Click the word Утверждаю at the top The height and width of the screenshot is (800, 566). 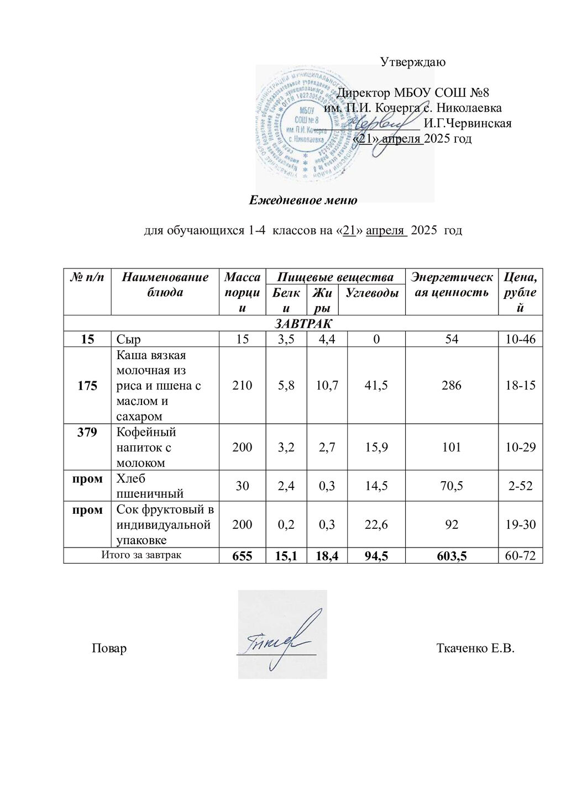(x=413, y=62)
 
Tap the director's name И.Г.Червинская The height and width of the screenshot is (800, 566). (x=467, y=123)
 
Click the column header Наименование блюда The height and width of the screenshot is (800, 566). (x=165, y=285)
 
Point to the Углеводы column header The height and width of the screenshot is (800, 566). (x=371, y=293)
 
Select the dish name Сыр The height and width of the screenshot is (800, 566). (x=129, y=339)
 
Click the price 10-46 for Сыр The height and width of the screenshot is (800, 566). (x=520, y=339)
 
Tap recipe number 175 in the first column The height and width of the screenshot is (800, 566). (x=87, y=385)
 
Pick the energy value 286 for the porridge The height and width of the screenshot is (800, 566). (x=452, y=385)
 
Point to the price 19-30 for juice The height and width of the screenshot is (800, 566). (x=520, y=524)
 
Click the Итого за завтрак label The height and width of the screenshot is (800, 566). (x=141, y=555)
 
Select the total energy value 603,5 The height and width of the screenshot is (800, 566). (x=452, y=556)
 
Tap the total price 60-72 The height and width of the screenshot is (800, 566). (x=520, y=556)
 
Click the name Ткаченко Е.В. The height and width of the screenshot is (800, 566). (x=475, y=648)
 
